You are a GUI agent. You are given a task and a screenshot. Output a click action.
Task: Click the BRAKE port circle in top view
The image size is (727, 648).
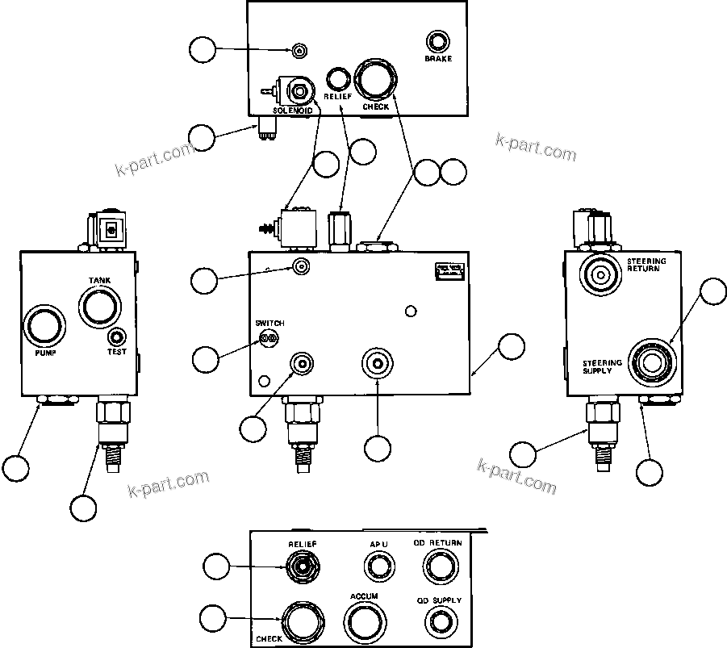pyautogui.click(x=438, y=42)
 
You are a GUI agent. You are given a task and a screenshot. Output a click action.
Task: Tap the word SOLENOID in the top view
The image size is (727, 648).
pyautogui.click(x=292, y=110)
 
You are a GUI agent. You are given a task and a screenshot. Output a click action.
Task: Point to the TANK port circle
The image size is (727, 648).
pyautogui.click(x=98, y=307)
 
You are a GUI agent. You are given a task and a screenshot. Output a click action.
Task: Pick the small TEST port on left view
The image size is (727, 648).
pyautogui.click(x=117, y=337)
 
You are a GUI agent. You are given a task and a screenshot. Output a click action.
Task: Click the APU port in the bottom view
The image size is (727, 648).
pyautogui.click(x=379, y=569)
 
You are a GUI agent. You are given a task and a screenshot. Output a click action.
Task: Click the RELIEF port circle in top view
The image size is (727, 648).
pyautogui.click(x=337, y=78)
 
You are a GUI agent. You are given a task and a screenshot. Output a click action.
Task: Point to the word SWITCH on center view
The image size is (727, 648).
pyautogui.click(x=269, y=323)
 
